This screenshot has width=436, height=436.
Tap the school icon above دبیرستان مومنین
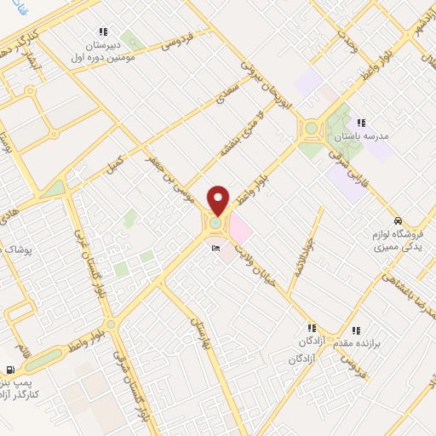pos(104,31)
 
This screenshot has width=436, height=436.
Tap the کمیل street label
pos(114,163)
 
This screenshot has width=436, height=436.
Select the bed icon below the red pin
pos(215,248)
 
